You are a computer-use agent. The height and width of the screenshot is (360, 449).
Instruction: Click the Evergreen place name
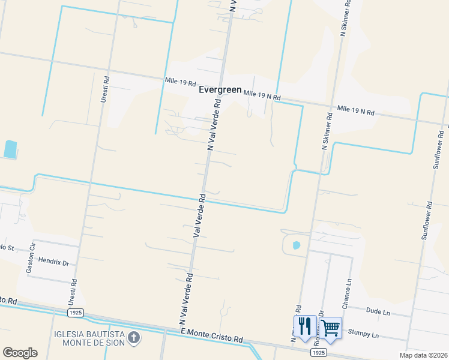220,90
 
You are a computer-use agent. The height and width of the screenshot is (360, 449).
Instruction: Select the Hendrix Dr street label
54,263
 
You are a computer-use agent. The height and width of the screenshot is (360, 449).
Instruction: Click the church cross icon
134,338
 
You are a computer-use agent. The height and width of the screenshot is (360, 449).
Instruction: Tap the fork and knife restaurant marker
306,327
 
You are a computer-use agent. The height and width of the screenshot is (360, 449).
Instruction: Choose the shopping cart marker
331,327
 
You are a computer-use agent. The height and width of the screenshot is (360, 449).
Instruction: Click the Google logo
20,352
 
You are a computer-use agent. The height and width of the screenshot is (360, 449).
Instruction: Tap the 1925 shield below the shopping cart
319,353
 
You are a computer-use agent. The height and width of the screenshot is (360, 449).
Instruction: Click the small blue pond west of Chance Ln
295,245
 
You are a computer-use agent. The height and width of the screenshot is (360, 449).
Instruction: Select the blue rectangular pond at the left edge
10,149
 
